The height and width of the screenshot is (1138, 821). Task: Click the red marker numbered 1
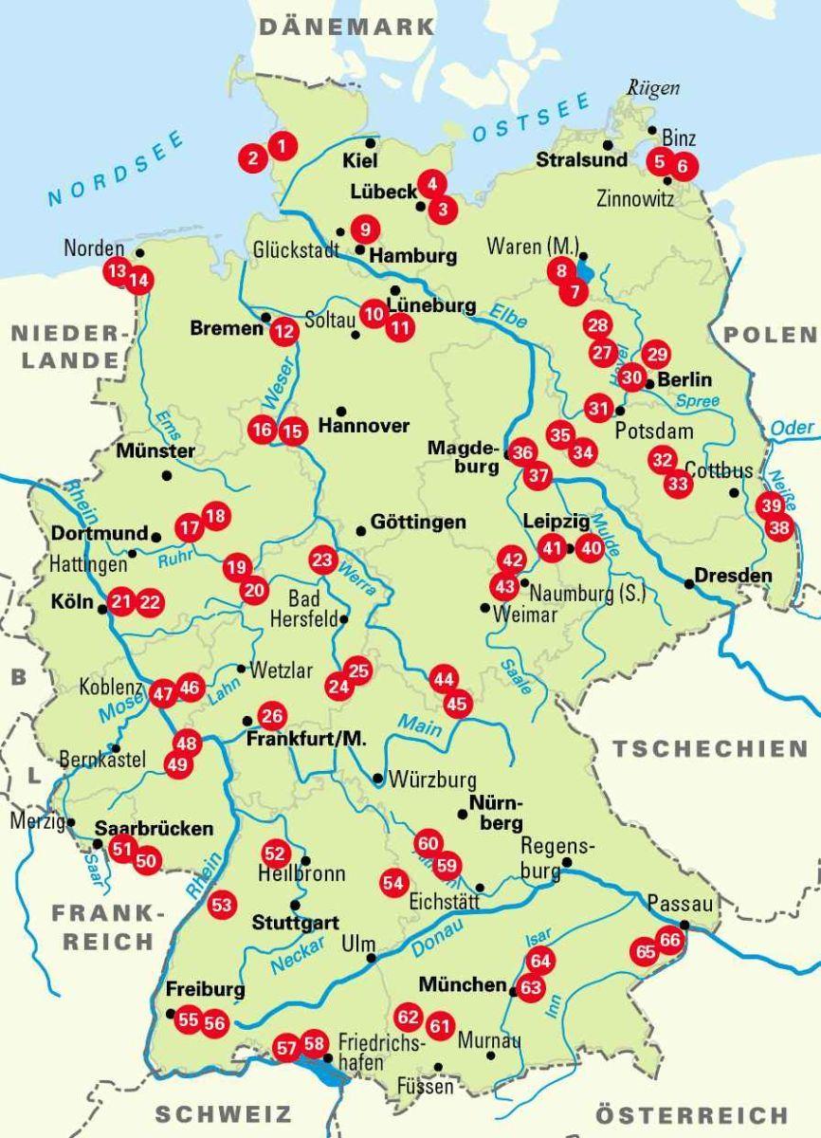click(x=282, y=145)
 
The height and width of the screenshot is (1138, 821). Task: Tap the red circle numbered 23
click(x=323, y=560)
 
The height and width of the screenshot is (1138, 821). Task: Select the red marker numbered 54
click(x=392, y=882)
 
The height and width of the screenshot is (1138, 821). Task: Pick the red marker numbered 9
click(x=364, y=229)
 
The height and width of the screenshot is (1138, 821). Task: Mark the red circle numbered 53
click(x=221, y=905)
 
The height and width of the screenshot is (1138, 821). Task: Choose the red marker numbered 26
click(x=272, y=716)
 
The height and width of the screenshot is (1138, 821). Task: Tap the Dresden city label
click(x=733, y=576)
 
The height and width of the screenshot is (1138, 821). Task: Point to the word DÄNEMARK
click(x=346, y=27)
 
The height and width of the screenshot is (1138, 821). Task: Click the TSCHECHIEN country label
click(x=709, y=748)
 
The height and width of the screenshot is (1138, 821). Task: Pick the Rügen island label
click(x=653, y=88)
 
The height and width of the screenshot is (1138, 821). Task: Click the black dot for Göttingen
click(x=360, y=530)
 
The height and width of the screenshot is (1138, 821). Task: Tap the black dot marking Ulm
click(x=371, y=958)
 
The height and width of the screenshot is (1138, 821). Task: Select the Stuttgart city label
click(x=295, y=922)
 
